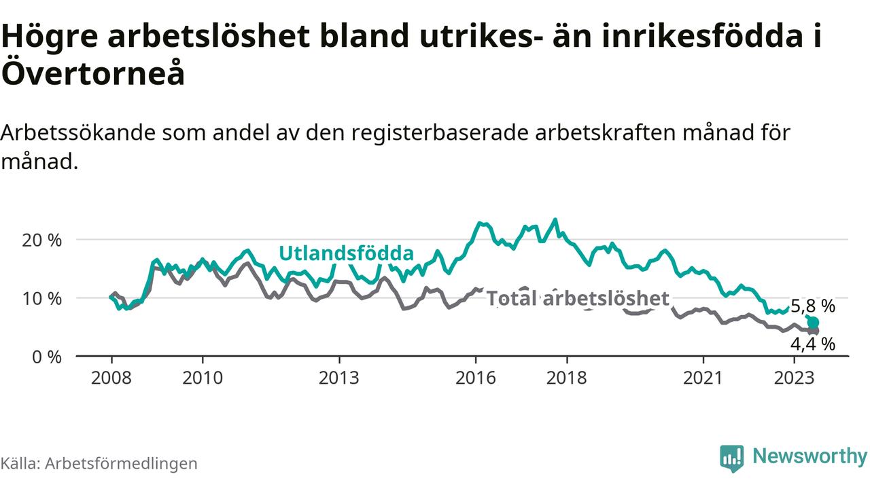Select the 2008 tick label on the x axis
111,377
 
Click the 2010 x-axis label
203,377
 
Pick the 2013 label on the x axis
339,377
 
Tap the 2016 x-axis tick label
476,377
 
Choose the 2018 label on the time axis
567,377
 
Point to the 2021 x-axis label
703,377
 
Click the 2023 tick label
795,377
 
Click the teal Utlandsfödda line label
346,254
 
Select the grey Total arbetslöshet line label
578,298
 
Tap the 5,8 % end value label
813,306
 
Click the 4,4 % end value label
812,344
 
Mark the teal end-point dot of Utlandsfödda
812,322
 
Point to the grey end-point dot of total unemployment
814,331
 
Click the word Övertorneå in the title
93,73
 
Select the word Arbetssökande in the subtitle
77,132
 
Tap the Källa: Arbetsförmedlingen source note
99,463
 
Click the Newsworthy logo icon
731,458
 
